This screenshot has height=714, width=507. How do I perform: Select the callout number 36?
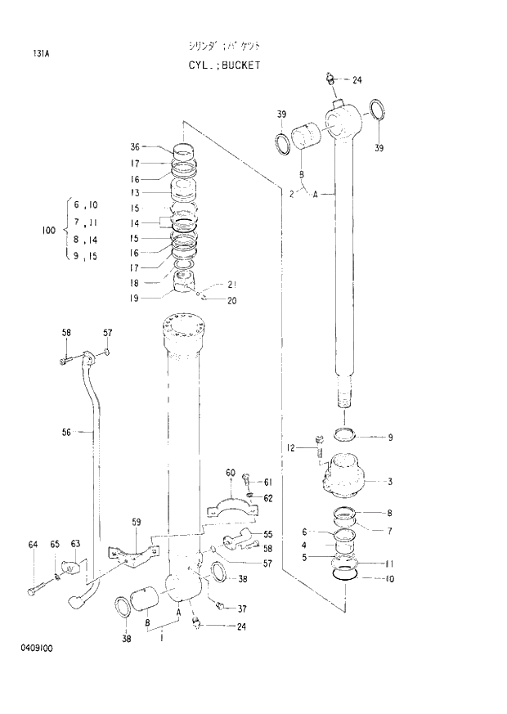(x=135, y=147)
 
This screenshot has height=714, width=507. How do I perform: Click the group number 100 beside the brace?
(x=48, y=231)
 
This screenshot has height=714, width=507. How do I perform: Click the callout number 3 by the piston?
(x=390, y=481)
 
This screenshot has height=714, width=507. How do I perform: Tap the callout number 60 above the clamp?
(x=230, y=473)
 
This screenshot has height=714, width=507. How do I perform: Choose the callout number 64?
(x=33, y=544)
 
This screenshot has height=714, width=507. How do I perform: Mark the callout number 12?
(x=289, y=447)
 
